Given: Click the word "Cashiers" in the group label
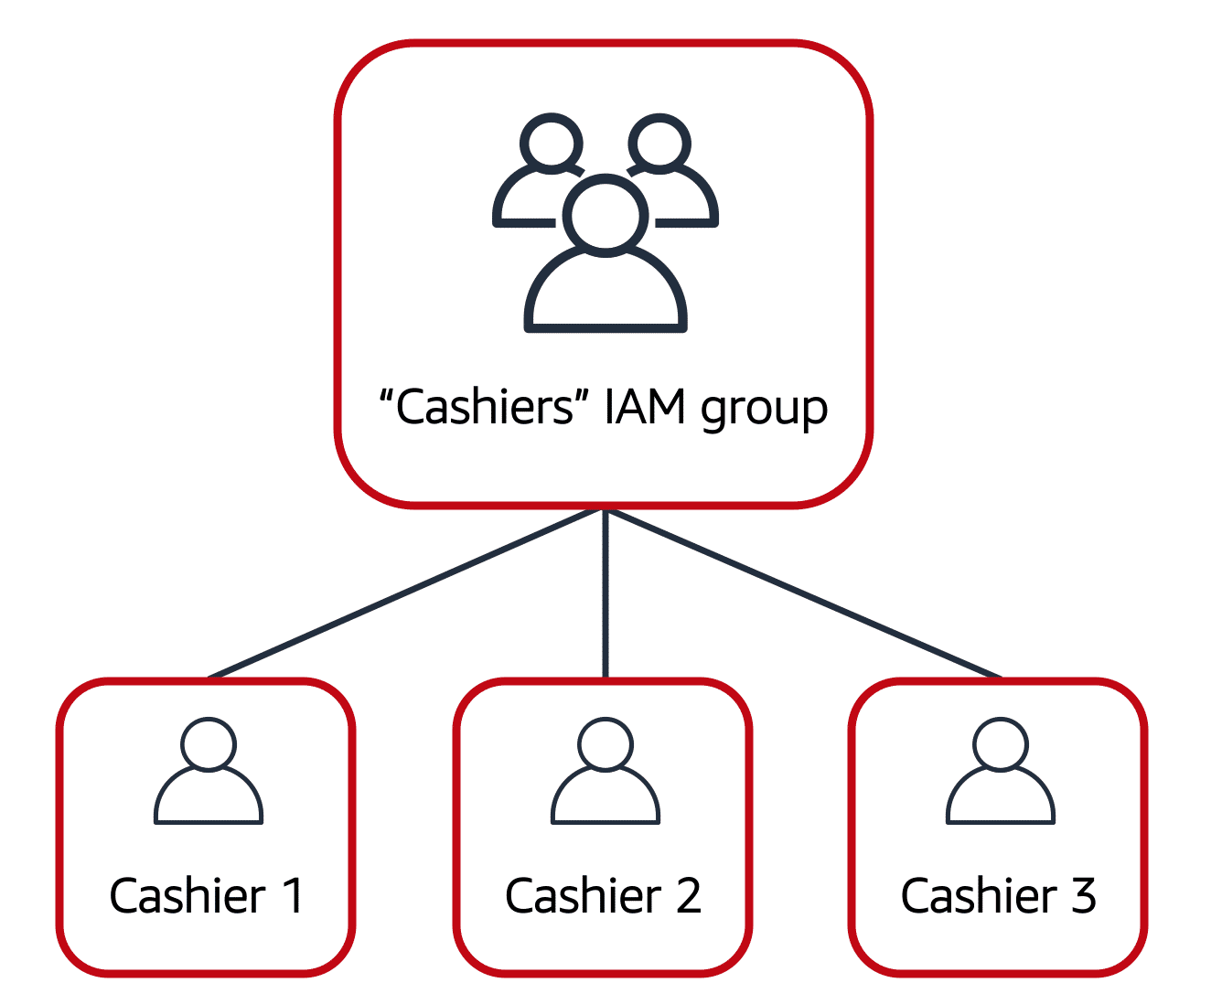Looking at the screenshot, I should tap(485, 407).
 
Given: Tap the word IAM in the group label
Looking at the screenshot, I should tap(645, 407).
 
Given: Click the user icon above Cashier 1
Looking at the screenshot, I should tap(209, 773).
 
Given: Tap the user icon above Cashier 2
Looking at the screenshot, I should tap(605, 773).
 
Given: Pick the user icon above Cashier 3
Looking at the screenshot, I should tap(1000, 773).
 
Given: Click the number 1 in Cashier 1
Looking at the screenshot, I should tap(293, 896).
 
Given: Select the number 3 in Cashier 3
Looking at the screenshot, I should tap(1084, 896).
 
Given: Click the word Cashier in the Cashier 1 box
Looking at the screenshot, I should tap(188, 896).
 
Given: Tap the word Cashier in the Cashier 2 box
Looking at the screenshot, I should tap(583, 896).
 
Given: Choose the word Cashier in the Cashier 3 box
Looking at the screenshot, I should tap(979, 896).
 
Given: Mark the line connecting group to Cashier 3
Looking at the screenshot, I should tap(803, 593).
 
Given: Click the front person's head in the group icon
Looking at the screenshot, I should tap(605, 216).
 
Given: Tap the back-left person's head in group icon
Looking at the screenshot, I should tap(552, 144).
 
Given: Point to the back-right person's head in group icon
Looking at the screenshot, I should tap(659, 144).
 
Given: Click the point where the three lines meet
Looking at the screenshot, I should tap(605, 510).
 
